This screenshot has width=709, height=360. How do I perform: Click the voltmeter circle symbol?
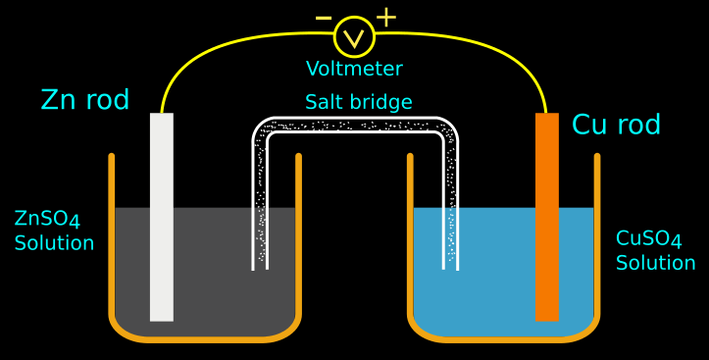coord(354,37)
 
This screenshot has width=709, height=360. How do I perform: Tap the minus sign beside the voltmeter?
coord(323,18)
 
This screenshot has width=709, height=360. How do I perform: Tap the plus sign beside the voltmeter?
coord(386,17)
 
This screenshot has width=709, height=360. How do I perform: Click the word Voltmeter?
coord(354,69)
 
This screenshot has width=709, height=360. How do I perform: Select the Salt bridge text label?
coord(358,102)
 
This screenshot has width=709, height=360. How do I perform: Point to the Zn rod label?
coord(85,100)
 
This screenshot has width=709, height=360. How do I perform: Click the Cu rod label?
coord(616,125)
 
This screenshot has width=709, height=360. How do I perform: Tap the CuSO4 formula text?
coord(648,239)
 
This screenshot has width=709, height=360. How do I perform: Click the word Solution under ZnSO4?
coord(54,243)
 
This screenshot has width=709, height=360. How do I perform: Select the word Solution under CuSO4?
coord(655,263)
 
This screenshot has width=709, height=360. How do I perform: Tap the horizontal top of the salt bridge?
coord(355,126)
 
